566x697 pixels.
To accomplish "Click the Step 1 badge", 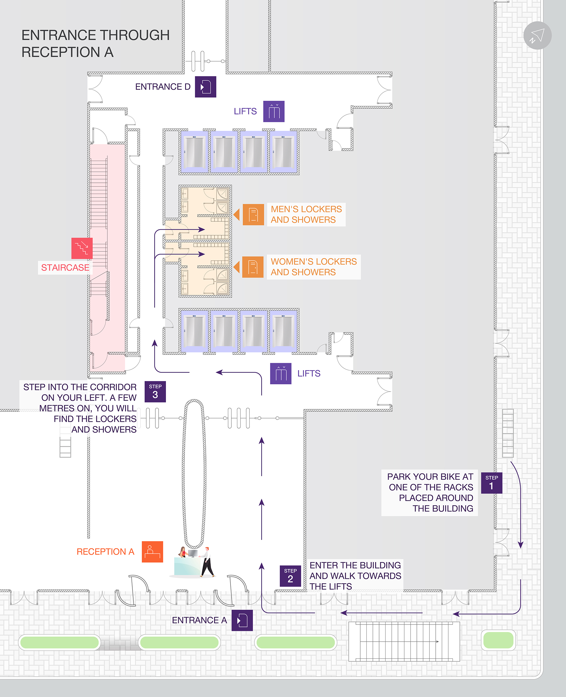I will [x=491, y=483].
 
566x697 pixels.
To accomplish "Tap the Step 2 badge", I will [x=290, y=576].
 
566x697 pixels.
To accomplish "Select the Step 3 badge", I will [x=155, y=392].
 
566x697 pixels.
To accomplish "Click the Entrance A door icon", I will [x=242, y=620].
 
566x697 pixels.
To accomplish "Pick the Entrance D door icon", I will [x=205, y=87].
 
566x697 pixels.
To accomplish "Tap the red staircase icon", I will [x=82, y=248].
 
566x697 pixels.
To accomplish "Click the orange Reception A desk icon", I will [x=152, y=552].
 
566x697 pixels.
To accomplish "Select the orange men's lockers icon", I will [x=253, y=215].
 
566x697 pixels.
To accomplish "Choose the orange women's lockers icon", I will [x=253, y=267].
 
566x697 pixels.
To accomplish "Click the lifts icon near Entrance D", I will [x=274, y=111].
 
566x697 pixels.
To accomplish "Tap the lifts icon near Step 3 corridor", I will [x=280, y=374].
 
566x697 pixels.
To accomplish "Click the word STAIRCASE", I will [x=65, y=268].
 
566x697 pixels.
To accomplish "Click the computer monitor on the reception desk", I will [x=193, y=553].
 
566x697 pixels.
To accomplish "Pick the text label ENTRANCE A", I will [x=199, y=620].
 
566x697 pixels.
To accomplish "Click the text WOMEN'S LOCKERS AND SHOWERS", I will [x=313, y=267].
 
